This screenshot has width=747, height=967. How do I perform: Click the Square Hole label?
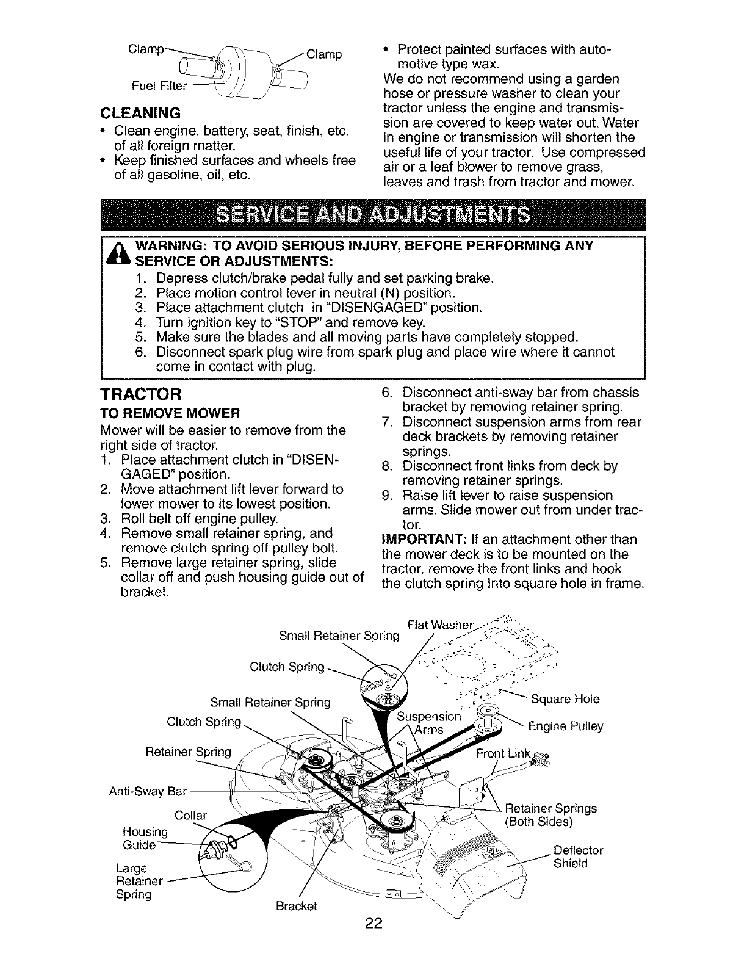[565, 698]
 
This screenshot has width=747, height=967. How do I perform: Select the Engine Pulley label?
[565, 726]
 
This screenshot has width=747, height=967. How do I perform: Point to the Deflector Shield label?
[570, 857]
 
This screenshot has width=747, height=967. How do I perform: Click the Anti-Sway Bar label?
[139, 792]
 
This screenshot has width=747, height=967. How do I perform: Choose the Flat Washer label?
[440, 625]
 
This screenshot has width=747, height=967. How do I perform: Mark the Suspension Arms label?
[428, 723]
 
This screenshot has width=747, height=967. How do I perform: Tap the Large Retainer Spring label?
[139, 881]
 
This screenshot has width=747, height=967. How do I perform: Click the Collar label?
[190, 816]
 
